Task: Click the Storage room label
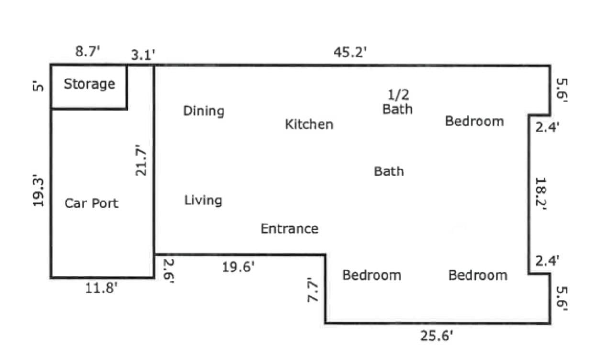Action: point(89,85)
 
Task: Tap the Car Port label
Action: point(91,203)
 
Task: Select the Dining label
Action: point(204,111)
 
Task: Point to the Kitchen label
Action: point(309,124)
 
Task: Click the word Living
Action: point(203,201)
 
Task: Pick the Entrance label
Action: point(289,229)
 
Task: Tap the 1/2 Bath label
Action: point(398,102)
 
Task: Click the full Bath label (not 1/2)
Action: point(389,171)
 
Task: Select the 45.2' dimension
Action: point(350,52)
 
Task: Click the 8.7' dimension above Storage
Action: point(88,51)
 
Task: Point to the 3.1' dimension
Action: point(143,55)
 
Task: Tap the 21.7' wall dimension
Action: point(141,160)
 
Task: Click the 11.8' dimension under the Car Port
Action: point(101,289)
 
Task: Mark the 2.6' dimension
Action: point(168,271)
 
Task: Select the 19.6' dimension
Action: point(238,267)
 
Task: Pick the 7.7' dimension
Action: point(312,290)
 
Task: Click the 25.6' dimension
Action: point(436,336)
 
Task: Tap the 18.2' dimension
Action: point(541,193)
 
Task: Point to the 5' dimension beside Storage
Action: point(38,87)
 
